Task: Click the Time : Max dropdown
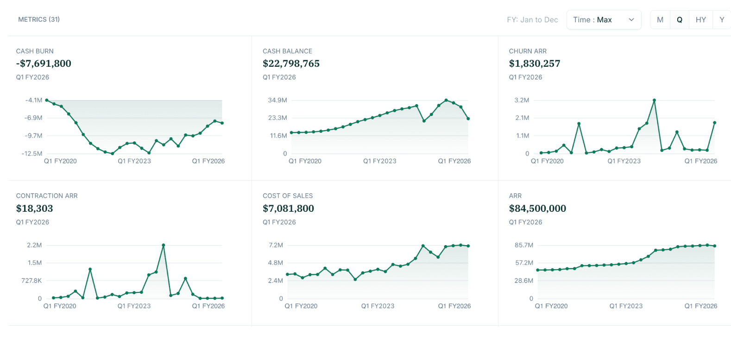603,20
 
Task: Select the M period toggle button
660,20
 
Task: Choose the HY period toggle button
700,20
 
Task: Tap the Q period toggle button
680,20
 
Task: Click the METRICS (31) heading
39,19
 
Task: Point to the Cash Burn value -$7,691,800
44,63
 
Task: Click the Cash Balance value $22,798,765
291,63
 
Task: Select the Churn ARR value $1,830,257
535,63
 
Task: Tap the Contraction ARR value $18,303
35,208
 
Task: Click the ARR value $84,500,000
537,208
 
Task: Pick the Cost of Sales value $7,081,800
288,208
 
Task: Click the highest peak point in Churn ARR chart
654,100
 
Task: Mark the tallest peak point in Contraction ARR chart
164,245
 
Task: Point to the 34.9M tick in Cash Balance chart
277,100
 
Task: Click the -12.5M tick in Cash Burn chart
32,153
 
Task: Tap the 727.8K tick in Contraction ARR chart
32,281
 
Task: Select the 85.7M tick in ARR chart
524,245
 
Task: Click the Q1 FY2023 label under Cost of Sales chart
378,306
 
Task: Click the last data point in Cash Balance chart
468,119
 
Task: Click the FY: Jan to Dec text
532,20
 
